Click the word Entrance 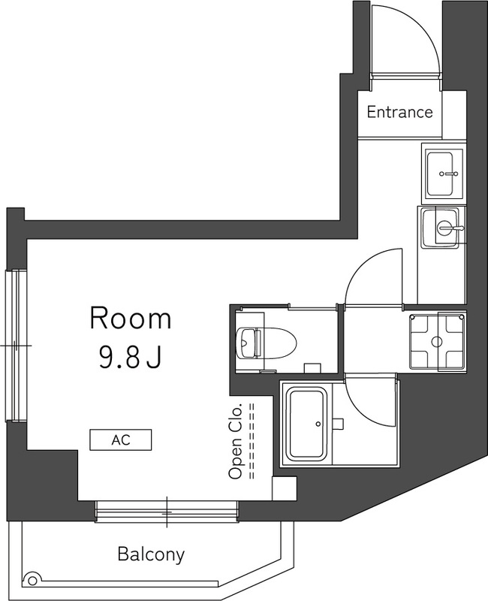pos(399,113)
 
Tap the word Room pos(131,319)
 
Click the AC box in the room pos(121,439)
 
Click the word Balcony pos(151,555)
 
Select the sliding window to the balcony pos(167,512)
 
